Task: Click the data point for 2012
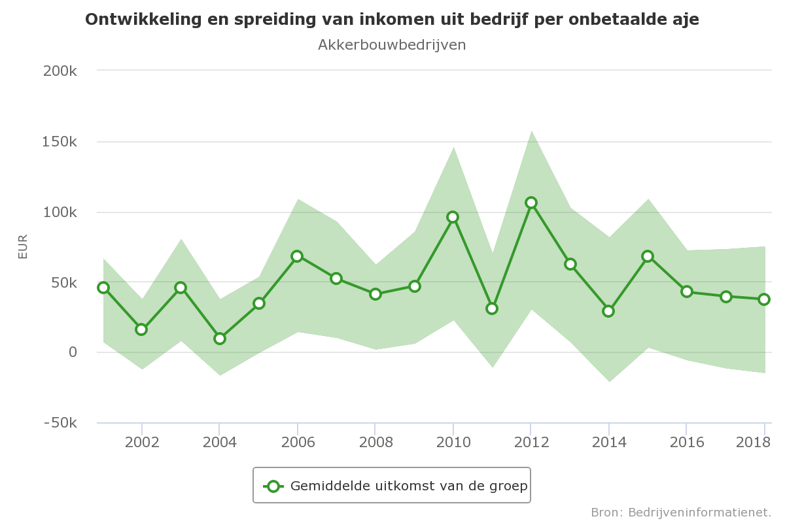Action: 531,203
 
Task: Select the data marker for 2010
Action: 453,217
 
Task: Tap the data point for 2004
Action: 220,339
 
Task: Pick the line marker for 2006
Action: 297,256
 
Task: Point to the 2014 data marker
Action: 608,311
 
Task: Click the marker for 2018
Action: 763,299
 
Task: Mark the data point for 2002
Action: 141,329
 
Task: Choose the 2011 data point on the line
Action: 492,309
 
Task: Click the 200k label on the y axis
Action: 60,71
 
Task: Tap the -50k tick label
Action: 60,424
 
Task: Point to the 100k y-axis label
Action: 60,212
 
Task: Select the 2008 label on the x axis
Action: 375,443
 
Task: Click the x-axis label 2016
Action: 686,443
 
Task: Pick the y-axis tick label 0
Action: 73,353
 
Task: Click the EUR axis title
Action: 23,246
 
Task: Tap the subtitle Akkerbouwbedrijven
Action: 392,45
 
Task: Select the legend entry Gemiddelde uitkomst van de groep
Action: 409,486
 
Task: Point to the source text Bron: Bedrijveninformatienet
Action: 681,512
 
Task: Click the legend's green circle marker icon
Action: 273,486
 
